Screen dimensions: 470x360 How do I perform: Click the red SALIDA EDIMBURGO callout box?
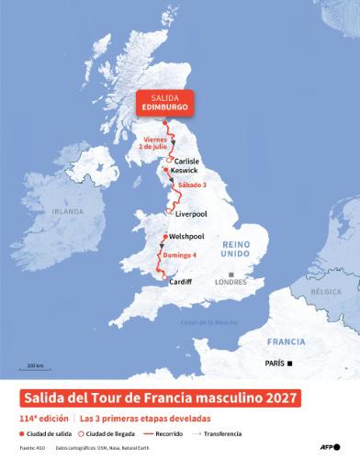165,102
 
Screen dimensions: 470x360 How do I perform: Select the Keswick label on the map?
185,170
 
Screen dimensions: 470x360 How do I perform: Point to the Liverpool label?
190,214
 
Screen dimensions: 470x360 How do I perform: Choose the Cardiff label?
181,282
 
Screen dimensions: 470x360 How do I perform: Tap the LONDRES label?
230,283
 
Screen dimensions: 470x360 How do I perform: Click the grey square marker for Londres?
231,274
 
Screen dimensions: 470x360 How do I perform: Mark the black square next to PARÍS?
290,364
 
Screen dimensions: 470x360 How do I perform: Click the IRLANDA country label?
67,210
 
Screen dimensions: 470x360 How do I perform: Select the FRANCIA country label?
286,341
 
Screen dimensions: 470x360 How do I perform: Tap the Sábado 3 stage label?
191,185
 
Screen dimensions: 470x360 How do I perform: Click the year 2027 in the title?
281,397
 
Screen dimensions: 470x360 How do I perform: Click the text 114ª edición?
45,418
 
